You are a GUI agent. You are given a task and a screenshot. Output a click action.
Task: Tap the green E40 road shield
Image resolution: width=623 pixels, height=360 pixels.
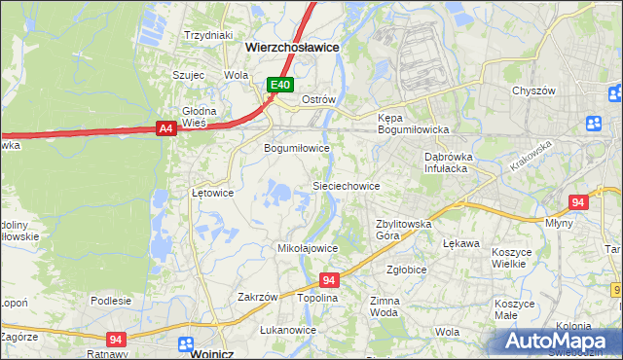click(280, 86)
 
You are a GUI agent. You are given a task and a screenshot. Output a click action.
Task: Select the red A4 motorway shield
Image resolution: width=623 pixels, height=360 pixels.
click(165, 127)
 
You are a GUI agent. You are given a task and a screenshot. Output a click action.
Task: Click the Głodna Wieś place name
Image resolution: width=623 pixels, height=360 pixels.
click(199, 117)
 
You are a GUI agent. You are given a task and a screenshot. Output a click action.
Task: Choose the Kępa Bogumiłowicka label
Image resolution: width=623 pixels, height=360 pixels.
click(413, 124)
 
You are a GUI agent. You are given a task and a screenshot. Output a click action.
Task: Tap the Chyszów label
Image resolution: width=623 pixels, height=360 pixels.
click(532, 90)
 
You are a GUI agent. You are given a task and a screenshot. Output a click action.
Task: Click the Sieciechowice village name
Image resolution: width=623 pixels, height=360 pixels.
click(345, 185)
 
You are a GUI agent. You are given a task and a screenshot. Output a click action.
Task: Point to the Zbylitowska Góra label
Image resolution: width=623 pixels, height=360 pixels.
click(403, 230)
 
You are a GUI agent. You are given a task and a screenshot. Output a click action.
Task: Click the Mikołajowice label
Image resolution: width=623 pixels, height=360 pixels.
click(308, 248)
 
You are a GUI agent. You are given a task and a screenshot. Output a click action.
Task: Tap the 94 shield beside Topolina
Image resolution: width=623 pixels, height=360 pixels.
click(329, 279)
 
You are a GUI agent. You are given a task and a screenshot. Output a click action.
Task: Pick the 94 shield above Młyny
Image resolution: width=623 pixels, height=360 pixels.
click(578, 202)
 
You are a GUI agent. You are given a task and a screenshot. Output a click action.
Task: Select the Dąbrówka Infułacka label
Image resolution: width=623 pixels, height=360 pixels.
click(448, 162)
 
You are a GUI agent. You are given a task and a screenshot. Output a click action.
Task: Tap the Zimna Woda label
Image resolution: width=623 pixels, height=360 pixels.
click(384, 307)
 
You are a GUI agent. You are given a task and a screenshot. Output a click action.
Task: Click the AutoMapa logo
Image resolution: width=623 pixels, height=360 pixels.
click(560, 342)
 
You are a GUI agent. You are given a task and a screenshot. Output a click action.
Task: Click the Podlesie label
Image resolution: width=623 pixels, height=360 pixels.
click(111, 301)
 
